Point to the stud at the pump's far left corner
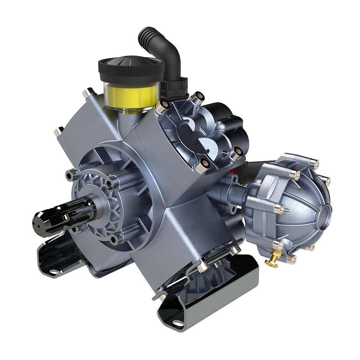[58, 131]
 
